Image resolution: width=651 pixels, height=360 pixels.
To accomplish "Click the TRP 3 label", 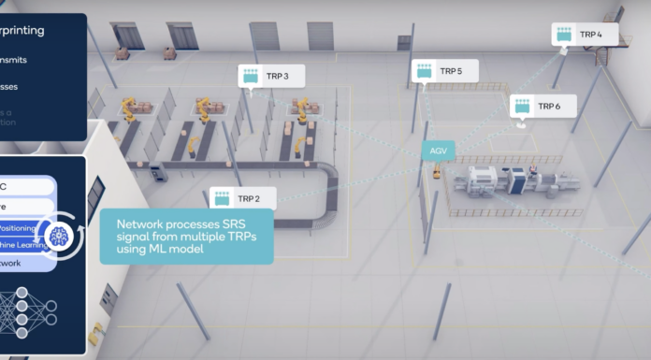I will (x=278, y=77).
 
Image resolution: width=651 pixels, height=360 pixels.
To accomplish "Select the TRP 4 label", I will (x=591, y=35).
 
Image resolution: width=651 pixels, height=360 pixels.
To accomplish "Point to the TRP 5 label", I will (x=451, y=71).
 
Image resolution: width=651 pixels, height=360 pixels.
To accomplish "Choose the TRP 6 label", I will (x=549, y=107).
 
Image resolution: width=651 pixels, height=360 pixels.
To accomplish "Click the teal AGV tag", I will (x=438, y=151).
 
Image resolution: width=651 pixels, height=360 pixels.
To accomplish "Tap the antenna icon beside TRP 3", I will (x=251, y=77).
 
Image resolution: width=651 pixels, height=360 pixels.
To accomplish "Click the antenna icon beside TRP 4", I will (x=564, y=35).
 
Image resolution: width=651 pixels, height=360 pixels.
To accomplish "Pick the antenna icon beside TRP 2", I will (x=223, y=198).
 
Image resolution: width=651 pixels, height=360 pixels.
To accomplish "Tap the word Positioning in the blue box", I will (x=21, y=228).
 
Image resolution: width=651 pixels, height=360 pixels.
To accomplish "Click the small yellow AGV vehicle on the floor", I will (x=437, y=172).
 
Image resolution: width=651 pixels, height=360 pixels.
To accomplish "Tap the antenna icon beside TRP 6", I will (x=522, y=107).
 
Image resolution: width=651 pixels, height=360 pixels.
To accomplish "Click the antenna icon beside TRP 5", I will (x=425, y=71).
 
